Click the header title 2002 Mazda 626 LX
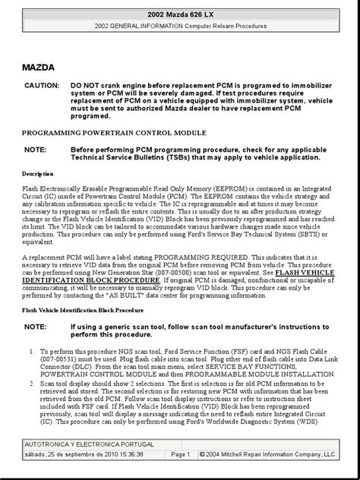click(x=180, y=14)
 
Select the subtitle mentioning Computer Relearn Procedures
click(x=180, y=27)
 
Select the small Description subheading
click(x=37, y=175)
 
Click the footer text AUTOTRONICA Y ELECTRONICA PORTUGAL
click(x=90, y=444)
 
